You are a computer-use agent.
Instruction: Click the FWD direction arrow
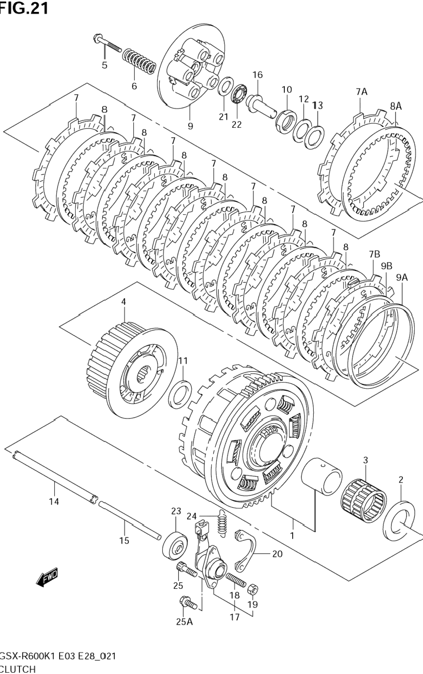coord(47,577)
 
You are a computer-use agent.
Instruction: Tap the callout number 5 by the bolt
coord(105,65)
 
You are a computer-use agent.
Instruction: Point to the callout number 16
coord(257,75)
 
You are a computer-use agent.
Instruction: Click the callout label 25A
coord(184,621)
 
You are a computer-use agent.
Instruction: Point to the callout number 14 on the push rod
coord(54,502)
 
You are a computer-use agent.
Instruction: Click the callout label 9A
coord(401,278)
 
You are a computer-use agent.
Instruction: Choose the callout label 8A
coord(395,106)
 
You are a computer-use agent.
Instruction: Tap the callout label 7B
coord(374,255)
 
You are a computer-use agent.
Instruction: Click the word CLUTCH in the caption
coord(18,669)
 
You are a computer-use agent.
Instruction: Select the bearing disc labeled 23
coord(175,545)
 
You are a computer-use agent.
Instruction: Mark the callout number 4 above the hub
coord(123,302)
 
